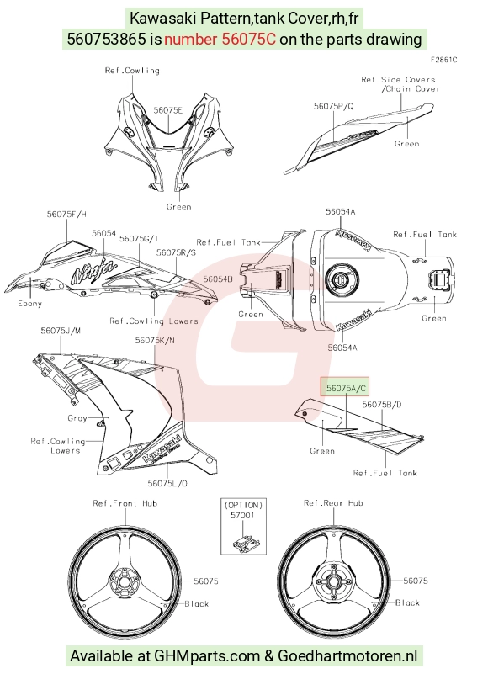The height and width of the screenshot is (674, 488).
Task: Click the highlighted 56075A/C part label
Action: (346, 388)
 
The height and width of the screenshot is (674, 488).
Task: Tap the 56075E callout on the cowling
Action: (168, 110)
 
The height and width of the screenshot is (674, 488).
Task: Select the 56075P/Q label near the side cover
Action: (334, 106)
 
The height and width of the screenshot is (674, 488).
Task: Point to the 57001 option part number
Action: (242, 515)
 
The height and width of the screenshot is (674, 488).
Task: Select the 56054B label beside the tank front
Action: (218, 279)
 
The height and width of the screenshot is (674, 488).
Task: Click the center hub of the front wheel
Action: (124, 582)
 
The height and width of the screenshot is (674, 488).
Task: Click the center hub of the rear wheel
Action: (333, 582)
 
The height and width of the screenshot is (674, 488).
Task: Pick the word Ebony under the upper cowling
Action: (29, 304)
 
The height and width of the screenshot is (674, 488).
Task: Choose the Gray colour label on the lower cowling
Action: (77, 418)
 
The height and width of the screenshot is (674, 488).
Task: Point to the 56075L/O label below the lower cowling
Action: (167, 483)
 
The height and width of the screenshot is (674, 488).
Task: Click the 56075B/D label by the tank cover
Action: (382, 405)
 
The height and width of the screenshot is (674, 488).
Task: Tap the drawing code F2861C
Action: (444, 60)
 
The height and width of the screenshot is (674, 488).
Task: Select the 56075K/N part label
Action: (155, 341)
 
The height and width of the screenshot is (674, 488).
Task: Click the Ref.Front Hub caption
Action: (125, 503)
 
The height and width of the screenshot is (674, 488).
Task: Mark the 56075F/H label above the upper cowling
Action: (66, 214)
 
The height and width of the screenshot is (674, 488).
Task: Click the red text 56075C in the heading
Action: (248, 39)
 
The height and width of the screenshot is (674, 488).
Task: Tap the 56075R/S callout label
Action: (176, 252)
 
